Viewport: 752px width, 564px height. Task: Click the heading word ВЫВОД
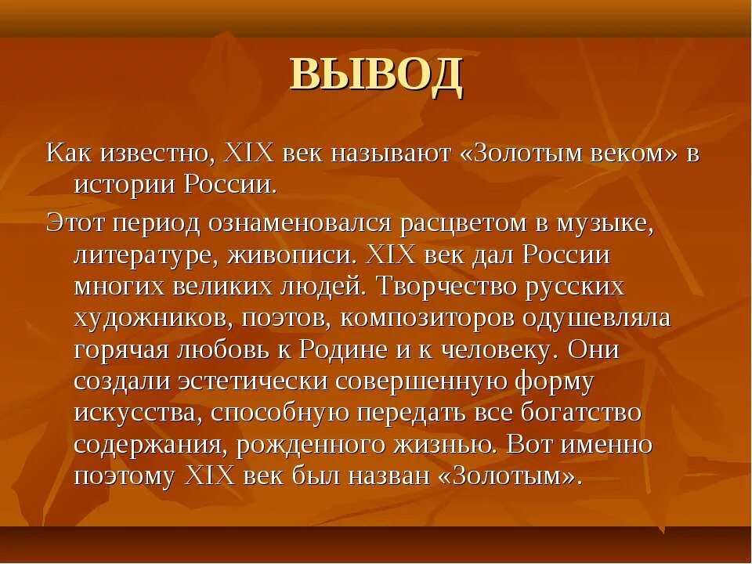pos(376,76)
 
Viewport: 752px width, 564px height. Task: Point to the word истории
pos(125,186)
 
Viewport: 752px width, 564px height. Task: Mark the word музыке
pos(606,224)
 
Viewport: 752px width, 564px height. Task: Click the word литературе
pos(146,256)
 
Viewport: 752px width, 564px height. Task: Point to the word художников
pos(146,320)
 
